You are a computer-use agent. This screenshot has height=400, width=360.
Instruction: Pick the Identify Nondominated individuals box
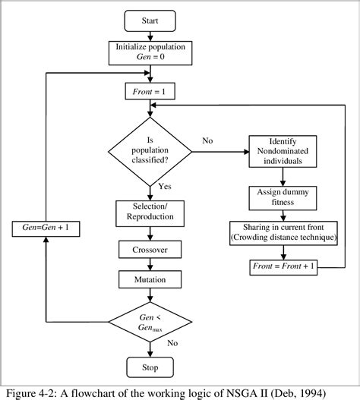[x=283, y=150]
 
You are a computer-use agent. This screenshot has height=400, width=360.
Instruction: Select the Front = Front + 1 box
[x=283, y=266]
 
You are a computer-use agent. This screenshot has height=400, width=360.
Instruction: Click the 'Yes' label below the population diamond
[x=165, y=186]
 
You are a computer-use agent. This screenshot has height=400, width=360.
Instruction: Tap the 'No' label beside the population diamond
[x=207, y=140]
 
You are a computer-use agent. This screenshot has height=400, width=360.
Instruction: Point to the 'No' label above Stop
[x=172, y=343]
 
